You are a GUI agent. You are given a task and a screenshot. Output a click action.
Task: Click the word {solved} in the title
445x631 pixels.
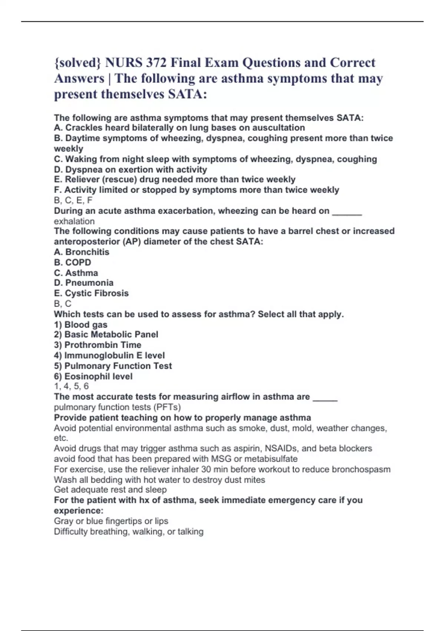pos(77,63)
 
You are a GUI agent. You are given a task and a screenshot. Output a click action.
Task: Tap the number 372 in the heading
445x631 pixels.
pos(156,63)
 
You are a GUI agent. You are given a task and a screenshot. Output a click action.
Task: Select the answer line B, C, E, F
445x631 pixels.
pos(73,200)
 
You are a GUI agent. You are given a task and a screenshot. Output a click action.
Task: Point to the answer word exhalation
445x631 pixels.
pos(74,221)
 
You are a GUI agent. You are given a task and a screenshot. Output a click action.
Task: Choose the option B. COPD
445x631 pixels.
pos(72,262)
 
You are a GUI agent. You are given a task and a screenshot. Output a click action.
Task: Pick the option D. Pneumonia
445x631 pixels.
pos(83,283)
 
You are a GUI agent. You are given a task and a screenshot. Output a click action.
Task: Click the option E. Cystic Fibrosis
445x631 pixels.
pos(91,293)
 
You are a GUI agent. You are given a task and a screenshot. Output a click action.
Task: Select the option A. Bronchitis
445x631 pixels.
pos(82,252)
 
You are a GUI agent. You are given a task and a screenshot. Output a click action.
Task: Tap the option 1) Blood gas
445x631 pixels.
pos(80,324)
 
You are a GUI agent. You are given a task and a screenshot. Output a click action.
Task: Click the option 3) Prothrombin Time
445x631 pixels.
pos(98,345)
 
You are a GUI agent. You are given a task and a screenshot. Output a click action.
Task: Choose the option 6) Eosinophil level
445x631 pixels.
pos(93,376)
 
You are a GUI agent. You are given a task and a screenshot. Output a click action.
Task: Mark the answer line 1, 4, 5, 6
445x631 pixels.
pos(71,386)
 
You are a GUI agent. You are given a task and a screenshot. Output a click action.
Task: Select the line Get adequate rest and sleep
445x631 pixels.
pos(110,490)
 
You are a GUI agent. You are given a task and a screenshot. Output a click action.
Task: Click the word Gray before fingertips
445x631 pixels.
pos(63,521)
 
